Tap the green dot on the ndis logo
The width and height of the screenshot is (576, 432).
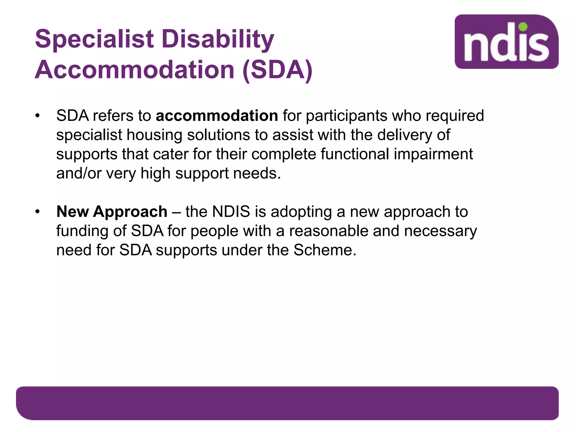click(523, 27)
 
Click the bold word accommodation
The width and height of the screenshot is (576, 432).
click(217, 116)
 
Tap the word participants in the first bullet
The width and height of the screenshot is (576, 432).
click(346, 116)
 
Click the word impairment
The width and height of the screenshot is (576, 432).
click(433, 154)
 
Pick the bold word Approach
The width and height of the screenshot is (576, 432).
click(130, 212)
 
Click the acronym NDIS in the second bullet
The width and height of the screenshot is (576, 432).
click(231, 211)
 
